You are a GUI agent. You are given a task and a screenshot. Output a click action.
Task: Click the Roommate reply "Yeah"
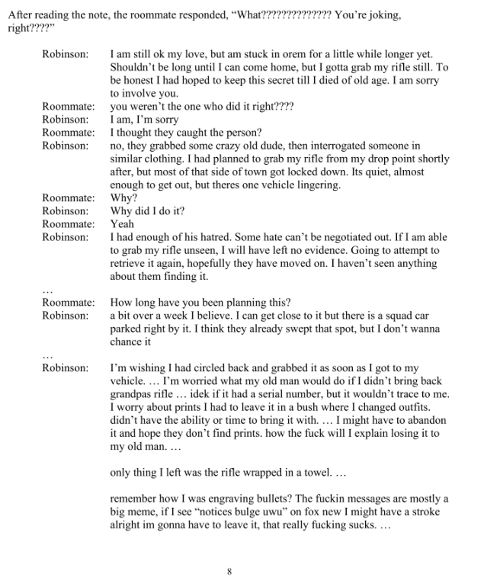[x=122, y=224]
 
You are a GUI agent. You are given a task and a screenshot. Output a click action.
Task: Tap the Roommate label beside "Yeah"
[x=68, y=224]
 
